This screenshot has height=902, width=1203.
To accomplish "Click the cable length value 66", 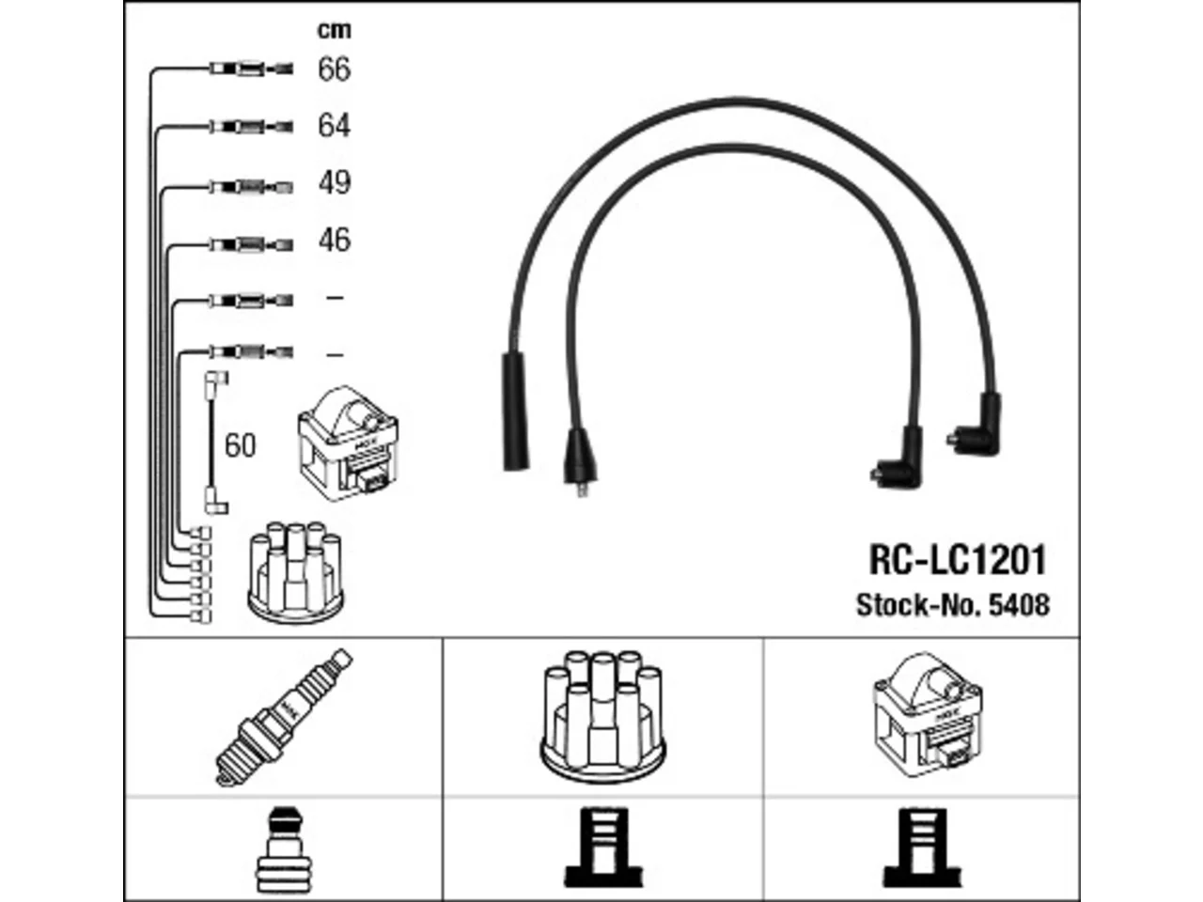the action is (334, 69).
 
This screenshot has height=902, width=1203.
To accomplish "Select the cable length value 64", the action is (334, 125).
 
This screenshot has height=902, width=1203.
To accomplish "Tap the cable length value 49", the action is (335, 182).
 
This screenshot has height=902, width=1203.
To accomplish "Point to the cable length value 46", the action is (335, 240).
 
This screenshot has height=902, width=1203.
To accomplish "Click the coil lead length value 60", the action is (240, 445).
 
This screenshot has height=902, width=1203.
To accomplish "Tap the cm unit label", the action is (335, 29).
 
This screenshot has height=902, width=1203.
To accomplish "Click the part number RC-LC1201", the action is (958, 560).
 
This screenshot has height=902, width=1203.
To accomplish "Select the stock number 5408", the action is (1019, 605).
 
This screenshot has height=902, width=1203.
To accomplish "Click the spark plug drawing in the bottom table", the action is (284, 718).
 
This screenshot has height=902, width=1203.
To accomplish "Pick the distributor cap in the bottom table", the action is (602, 716).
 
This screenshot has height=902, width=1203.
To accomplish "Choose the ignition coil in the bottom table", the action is (928, 714).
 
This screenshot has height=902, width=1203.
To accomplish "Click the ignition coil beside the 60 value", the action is (348, 443).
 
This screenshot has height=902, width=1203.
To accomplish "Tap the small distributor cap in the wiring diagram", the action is (296, 572).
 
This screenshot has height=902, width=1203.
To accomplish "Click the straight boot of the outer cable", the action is (515, 412).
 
